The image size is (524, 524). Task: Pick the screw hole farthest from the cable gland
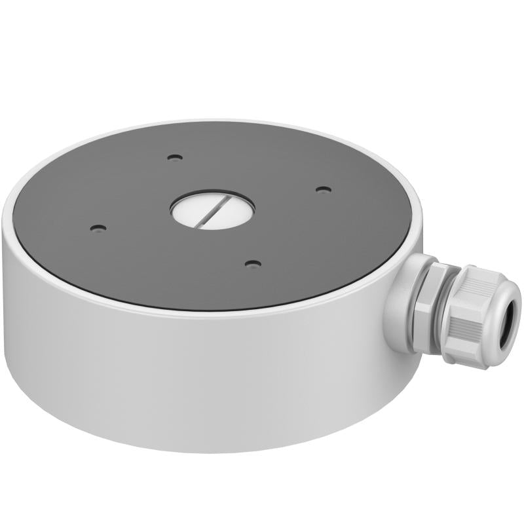pyautogui.click(x=98, y=229)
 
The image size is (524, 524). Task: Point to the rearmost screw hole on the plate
pyautogui.click(x=174, y=157)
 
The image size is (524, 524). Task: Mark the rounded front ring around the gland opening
pyautogui.click(x=498, y=308)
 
